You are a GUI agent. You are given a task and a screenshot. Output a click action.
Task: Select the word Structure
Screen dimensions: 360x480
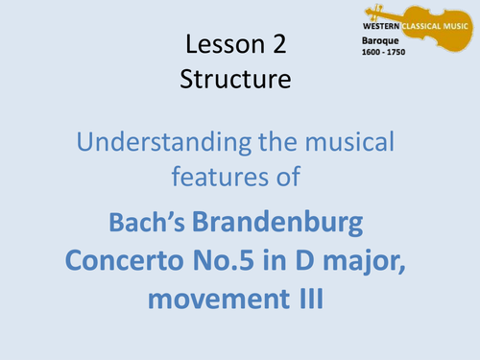[x=235, y=80]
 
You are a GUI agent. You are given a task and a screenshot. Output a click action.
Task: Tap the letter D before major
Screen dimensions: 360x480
[x=311, y=261]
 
